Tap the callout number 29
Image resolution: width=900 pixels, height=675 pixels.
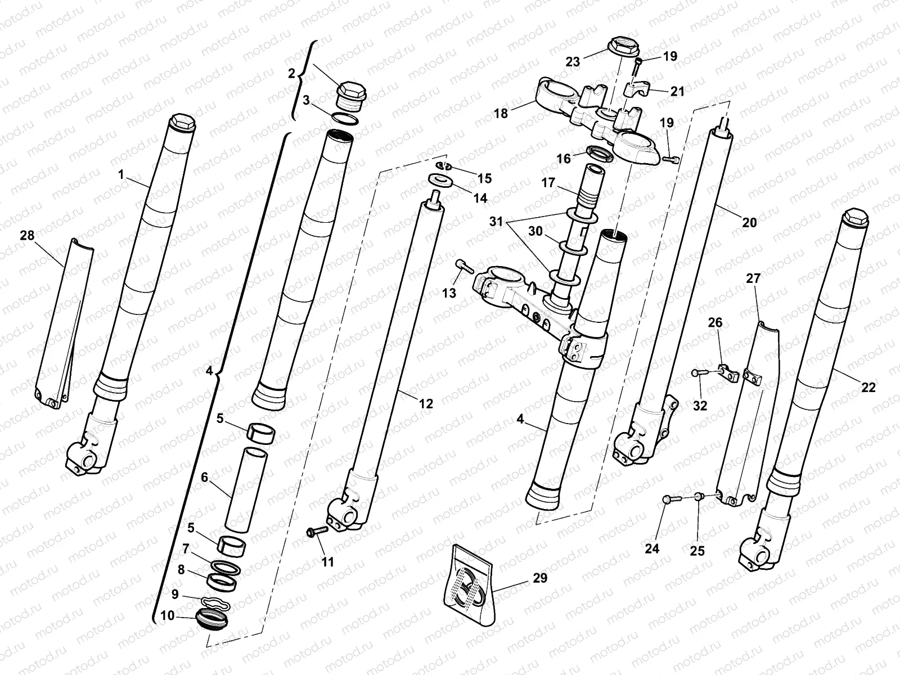click(x=539, y=578)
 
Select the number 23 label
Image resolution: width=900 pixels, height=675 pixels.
click(x=573, y=62)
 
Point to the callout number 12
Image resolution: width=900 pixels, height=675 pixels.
click(x=426, y=403)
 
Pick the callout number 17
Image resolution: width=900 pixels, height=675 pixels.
click(x=549, y=183)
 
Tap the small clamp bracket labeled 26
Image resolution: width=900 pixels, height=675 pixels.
click(x=727, y=372)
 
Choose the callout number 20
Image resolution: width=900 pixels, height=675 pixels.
click(x=749, y=222)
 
